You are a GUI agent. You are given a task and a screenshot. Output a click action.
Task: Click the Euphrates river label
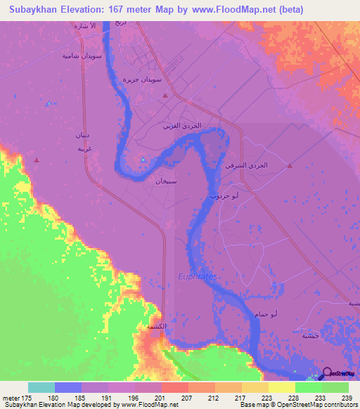pos(198,277)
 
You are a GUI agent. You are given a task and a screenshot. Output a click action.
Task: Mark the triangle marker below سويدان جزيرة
pos(165,95)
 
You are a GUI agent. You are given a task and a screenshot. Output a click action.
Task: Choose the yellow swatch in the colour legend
pos(282,387)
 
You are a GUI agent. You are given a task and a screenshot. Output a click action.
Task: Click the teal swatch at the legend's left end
pos(41,387)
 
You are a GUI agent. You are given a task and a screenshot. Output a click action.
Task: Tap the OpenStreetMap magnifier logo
pos(327,374)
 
